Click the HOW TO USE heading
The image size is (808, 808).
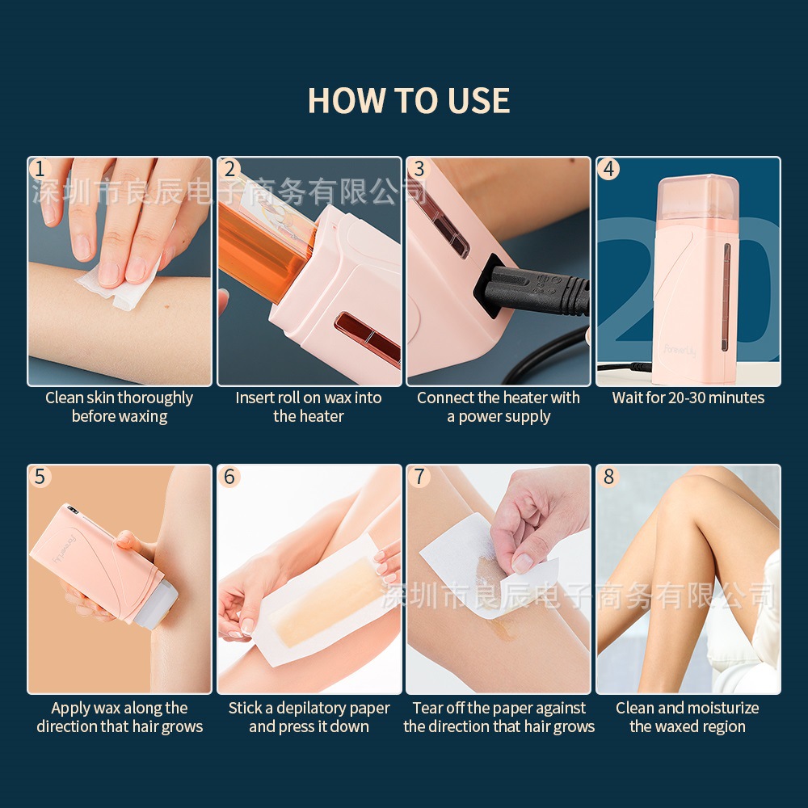click(x=409, y=100)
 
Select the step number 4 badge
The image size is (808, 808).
click(x=609, y=169)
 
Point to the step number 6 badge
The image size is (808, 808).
click(x=229, y=477)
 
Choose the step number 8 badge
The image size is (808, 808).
click(x=609, y=477)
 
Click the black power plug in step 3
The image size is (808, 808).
click(x=533, y=288)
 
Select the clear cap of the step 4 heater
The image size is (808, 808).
click(x=698, y=202)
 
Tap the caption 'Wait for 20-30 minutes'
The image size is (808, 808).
click(x=688, y=398)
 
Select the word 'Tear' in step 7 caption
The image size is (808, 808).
click(x=425, y=708)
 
